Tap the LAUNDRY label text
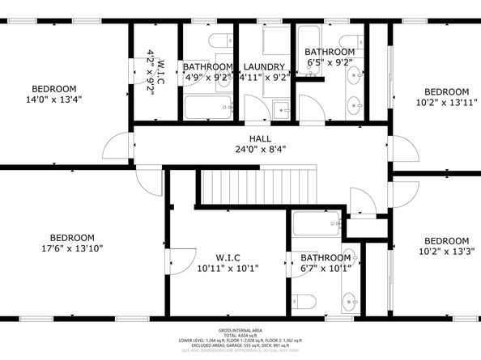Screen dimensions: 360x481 [264, 67]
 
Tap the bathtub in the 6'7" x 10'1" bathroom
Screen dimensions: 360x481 [317, 223]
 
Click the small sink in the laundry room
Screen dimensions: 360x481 [282, 109]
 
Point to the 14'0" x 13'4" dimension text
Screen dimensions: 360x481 [54, 100]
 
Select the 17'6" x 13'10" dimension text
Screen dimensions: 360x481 [73, 248]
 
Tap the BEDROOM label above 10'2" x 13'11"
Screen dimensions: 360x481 [447, 91]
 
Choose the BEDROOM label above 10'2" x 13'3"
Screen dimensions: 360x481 [447, 240]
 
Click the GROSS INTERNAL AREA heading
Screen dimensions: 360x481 [241, 331]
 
